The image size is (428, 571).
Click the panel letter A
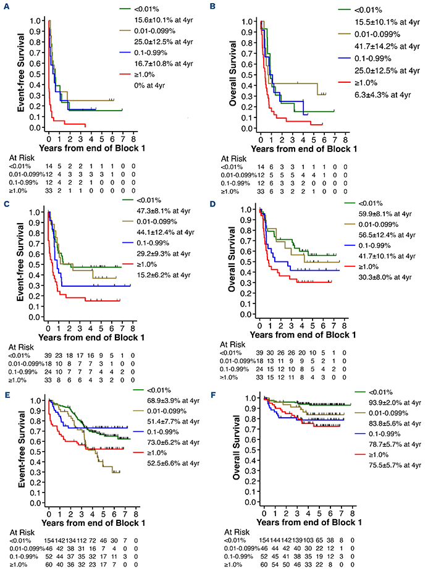(x=5, y=5)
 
